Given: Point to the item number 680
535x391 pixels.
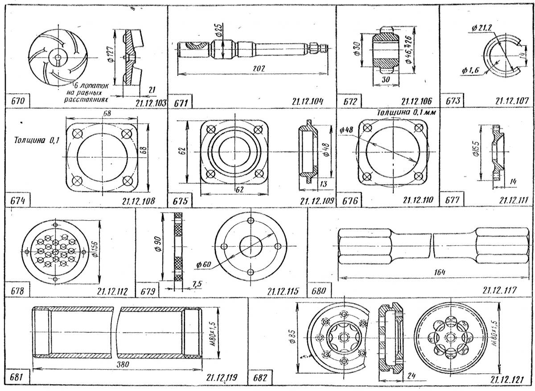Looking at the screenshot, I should coord(319,292).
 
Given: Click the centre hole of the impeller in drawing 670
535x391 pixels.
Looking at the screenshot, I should coord(59,57).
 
